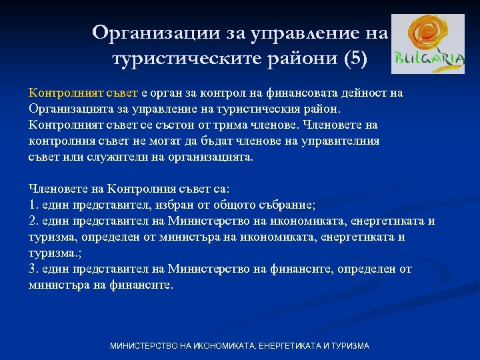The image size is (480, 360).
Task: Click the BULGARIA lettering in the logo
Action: pos(428,59)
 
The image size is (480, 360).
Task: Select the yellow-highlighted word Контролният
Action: pos(60,93)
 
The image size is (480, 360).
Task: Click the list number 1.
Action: pos(33,205)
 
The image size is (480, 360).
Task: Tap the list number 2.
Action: pos(33,221)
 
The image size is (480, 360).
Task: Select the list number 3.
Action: pos(33,269)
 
